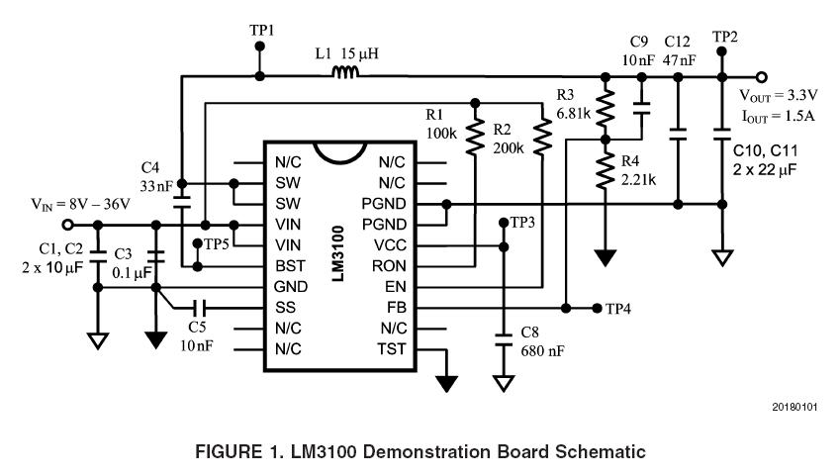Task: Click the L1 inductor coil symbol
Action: pos(344,72)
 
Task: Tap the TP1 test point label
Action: pos(262,32)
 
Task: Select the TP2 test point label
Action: pos(726,37)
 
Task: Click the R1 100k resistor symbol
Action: pos(476,138)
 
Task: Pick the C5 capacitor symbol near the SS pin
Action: pos(201,308)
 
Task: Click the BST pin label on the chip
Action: pos(289,266)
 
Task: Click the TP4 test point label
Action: pos(620,309)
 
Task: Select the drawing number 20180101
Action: pos(795,408)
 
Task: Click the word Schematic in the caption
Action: pos(598,452)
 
